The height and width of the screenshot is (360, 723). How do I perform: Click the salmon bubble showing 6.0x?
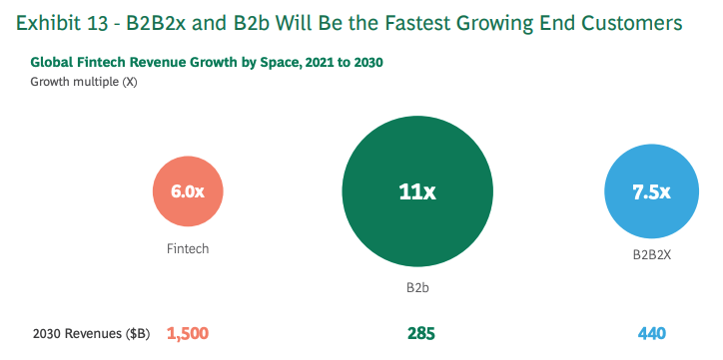tap(188, 192)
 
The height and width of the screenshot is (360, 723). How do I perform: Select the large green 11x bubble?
tap(417, 192)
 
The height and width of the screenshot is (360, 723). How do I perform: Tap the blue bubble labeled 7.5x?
tap(651, 192)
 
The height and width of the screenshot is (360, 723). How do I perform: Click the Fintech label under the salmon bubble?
tap(188, 248)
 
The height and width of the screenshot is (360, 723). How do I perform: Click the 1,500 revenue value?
tap(188, 333)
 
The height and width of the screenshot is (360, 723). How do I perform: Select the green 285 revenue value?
tap(420, 333)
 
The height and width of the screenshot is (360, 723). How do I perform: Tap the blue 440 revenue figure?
tap(651, 333)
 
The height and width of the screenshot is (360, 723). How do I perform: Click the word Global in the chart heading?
tap(52, 62)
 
